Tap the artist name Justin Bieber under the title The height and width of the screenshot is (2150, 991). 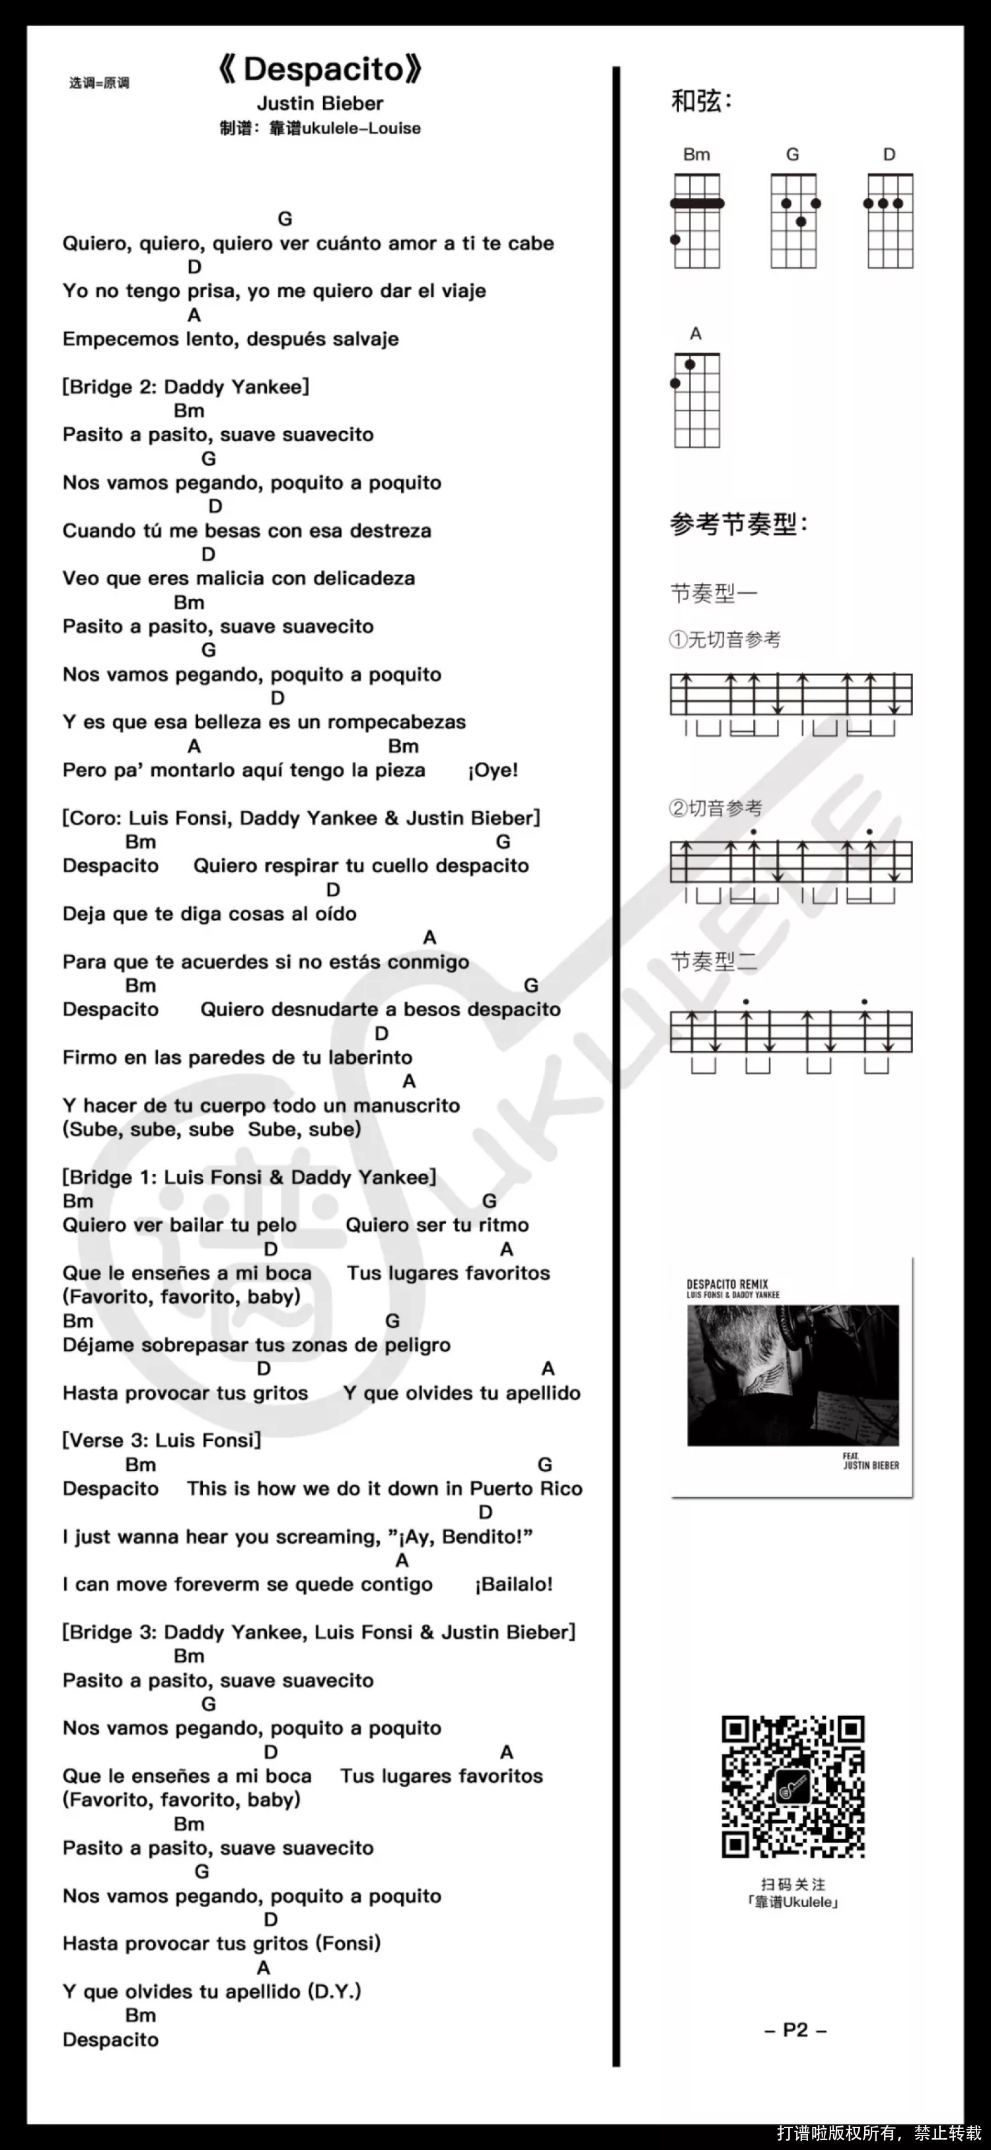[x=320, y=104]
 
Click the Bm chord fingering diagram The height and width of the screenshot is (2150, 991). [x=697, y=221]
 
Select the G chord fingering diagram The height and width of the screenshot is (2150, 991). [x=794, y=221]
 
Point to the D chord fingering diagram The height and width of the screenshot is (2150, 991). [x=890, y=221]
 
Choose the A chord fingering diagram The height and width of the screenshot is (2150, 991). [x=697, y=399]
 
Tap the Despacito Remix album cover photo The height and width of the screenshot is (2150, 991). [x=792, y=1375]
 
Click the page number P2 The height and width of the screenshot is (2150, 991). [x=795, y=2030]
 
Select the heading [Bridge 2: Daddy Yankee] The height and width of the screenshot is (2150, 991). [x=186, y=386]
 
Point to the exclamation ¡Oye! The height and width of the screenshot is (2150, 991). [x=493, y=771]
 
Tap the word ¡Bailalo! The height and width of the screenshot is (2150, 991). [x=513, y=1584]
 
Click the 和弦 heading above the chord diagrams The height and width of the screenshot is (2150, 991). [x=701, y=101]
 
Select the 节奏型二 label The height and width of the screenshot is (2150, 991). [x=714, y=962]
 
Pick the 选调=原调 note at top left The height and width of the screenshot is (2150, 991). [x=99, y=83]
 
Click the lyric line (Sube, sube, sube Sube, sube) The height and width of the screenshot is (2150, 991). [x=211, y=1129]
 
